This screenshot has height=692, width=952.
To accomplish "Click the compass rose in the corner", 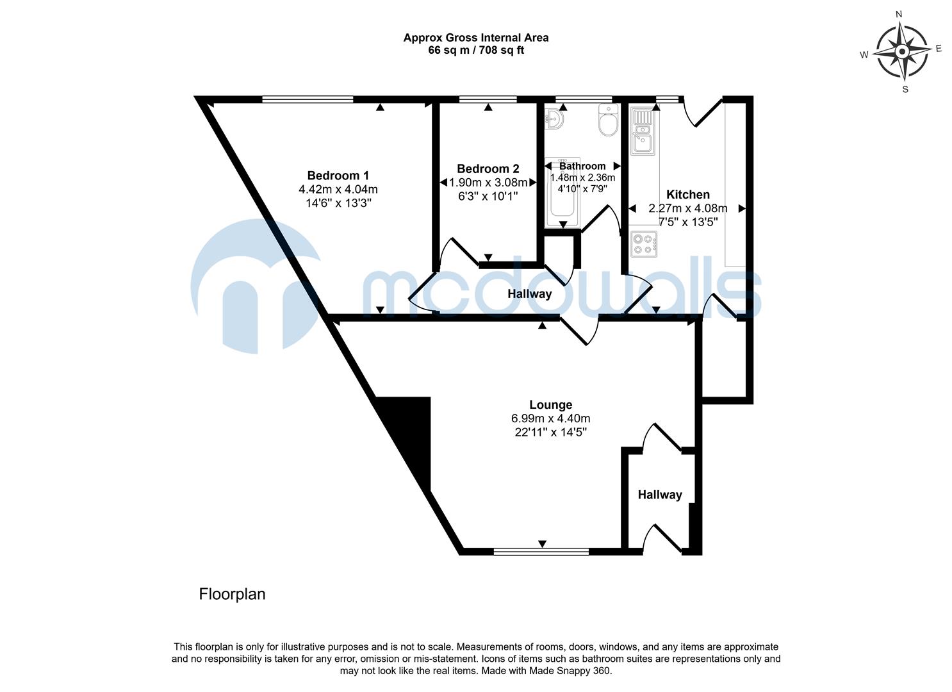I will click(x=902, y=51).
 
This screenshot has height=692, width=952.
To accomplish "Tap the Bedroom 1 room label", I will click(x=338, y=176).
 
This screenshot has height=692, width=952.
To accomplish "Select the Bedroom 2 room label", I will click(x=488, y=169).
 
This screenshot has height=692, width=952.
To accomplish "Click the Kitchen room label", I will click(x=688, y=195).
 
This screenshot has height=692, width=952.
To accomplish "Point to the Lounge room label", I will click(x=550, y=405).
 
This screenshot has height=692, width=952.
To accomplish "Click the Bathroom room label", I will click(x=582, y=166).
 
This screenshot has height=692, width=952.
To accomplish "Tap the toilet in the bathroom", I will click(x=607, y=120).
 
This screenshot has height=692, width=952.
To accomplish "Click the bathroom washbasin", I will click(x=554, y=119).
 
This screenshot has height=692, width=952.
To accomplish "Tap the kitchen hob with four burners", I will click(x=643, y=244).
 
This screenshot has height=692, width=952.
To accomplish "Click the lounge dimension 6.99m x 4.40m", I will click(x=550, y=418).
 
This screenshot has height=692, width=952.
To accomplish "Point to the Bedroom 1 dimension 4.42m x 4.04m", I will click(x=338, y=190).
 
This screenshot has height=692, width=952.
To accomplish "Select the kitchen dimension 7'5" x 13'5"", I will click(x=688, y=222).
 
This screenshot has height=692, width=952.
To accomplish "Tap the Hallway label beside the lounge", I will click(x=659, y=495).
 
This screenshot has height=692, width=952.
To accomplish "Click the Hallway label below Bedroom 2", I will click(x=529, y=294).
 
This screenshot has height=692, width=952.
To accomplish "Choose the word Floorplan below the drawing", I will click(x=232, y=595).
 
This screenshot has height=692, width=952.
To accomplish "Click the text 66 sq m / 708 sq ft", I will click(x=475, y=50).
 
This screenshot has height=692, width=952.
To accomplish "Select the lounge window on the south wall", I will click(x=541, y=550).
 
